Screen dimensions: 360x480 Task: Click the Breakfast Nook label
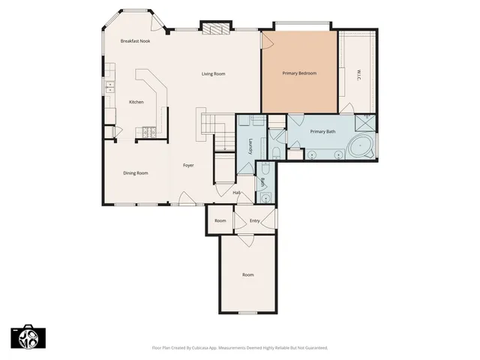coord(136,41)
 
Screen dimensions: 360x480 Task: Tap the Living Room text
coord(214,73)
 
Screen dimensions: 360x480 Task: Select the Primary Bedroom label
coord(299,73)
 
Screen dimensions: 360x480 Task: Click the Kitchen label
coord(136,102)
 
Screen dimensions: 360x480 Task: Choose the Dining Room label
coord(136,173)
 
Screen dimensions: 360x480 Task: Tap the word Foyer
coord(189,165)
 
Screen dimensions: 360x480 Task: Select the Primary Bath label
coord(323,131)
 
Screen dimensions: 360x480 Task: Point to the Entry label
coord(255,220)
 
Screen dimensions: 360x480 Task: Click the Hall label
coord(236,193)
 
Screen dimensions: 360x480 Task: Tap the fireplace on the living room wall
coord(218,28)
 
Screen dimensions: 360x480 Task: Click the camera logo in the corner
coord(28,337)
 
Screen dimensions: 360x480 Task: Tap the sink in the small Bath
coord(265,198)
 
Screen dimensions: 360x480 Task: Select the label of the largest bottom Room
coord(248,274)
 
